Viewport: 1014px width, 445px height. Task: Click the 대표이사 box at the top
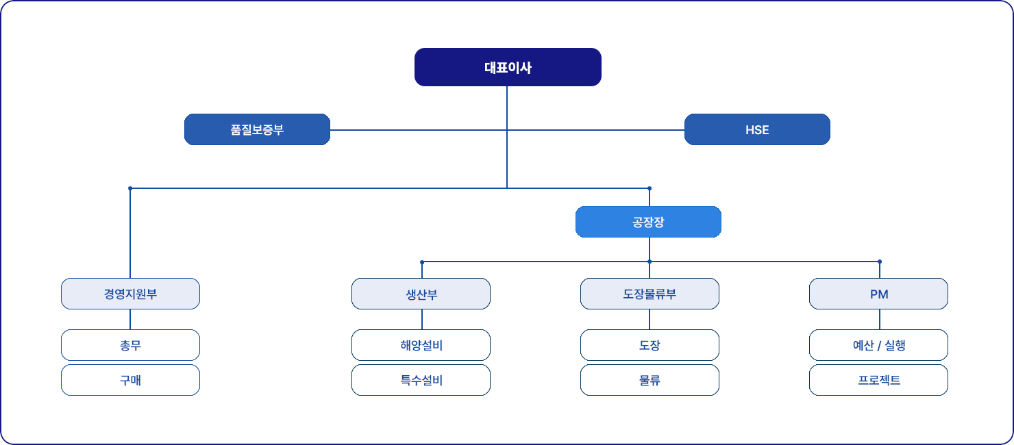tap(508, 67)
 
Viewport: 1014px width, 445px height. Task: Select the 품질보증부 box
tap(257, 129)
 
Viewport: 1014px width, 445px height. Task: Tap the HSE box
tap(757, 129)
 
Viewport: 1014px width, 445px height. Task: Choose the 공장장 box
tap(648, 222)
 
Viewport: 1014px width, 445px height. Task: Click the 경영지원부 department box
tap(130, 294)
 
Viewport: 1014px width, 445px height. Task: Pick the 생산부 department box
tap(421, 294)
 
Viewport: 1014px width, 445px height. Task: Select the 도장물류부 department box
tap(650, 294)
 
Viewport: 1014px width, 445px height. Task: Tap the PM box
tap(878, 294)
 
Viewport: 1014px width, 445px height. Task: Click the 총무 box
tap(130, 345)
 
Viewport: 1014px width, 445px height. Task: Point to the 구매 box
tap(130, 380)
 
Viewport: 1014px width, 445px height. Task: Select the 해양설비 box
tap(421, 345)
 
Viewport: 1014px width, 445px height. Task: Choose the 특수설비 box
tap(421, 380)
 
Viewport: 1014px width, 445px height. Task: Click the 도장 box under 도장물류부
tap(650, 345)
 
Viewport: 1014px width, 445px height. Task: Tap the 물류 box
tap(650, 380)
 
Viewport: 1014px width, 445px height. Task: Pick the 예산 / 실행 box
tap(878, 345)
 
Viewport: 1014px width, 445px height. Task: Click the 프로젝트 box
tap(878, 380)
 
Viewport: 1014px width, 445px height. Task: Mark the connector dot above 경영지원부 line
tap(130, 188)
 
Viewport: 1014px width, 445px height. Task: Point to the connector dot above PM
tap(880, 262)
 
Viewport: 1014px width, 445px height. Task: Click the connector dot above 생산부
tap(422, 262)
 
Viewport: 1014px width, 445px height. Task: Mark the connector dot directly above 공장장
tap(650, 188)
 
